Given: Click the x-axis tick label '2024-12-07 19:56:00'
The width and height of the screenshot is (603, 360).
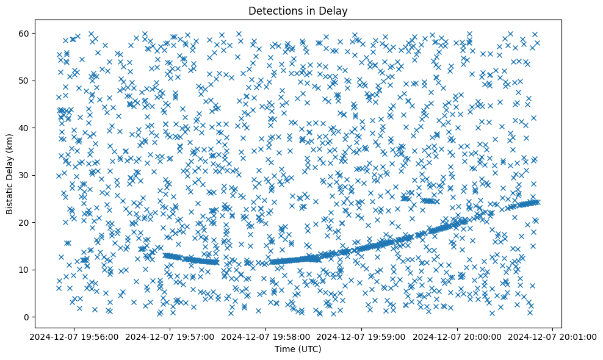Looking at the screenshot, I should [x=75, y=336].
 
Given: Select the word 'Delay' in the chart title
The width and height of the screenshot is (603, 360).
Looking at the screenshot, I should [x=334, y=10].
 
